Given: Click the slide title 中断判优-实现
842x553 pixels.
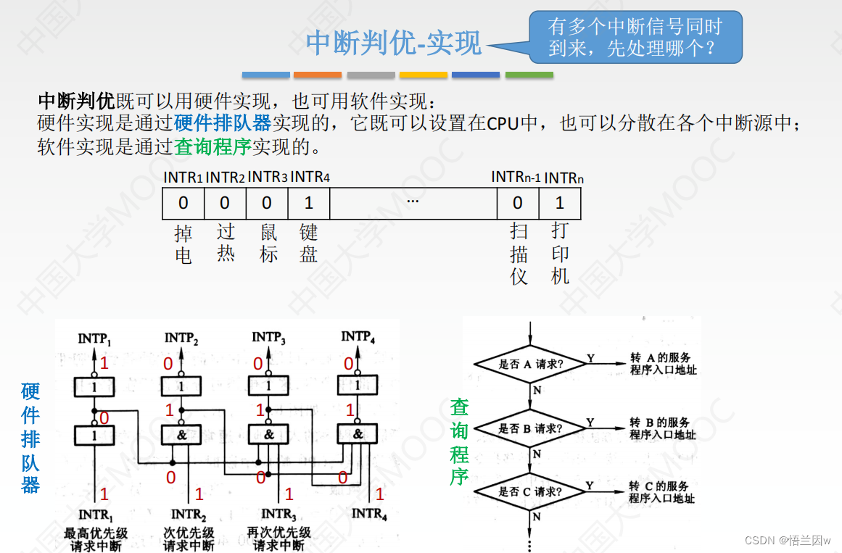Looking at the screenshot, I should (393, 43).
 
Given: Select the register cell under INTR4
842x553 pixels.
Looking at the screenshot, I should (309, 204).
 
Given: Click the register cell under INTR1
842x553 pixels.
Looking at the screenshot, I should (183, 204).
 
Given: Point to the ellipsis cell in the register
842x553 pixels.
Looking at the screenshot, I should (413, 204).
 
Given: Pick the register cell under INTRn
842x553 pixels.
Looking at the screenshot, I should (559, 204).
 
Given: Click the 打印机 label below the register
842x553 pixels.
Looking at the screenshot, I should (559, 254).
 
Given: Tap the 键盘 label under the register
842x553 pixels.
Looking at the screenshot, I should (309, 243).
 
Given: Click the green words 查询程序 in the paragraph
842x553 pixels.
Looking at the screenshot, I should (212, 147).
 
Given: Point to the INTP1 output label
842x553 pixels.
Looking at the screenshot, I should (95, 338).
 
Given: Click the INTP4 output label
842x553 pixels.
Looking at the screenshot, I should (358, 337).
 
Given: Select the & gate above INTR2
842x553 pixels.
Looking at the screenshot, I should (181, 435).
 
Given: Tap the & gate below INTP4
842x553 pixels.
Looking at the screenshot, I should (358, 434).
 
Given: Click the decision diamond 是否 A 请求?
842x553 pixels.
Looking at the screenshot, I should (532, 364).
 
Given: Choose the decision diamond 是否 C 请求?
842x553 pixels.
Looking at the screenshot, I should (532, 492).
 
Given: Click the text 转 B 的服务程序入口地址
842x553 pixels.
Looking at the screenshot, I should (661, 428).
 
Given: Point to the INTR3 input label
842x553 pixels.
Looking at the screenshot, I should (278, 515).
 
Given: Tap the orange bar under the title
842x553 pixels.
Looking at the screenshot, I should (318, 75).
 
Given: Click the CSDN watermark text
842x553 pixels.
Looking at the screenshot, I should (788, 541).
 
